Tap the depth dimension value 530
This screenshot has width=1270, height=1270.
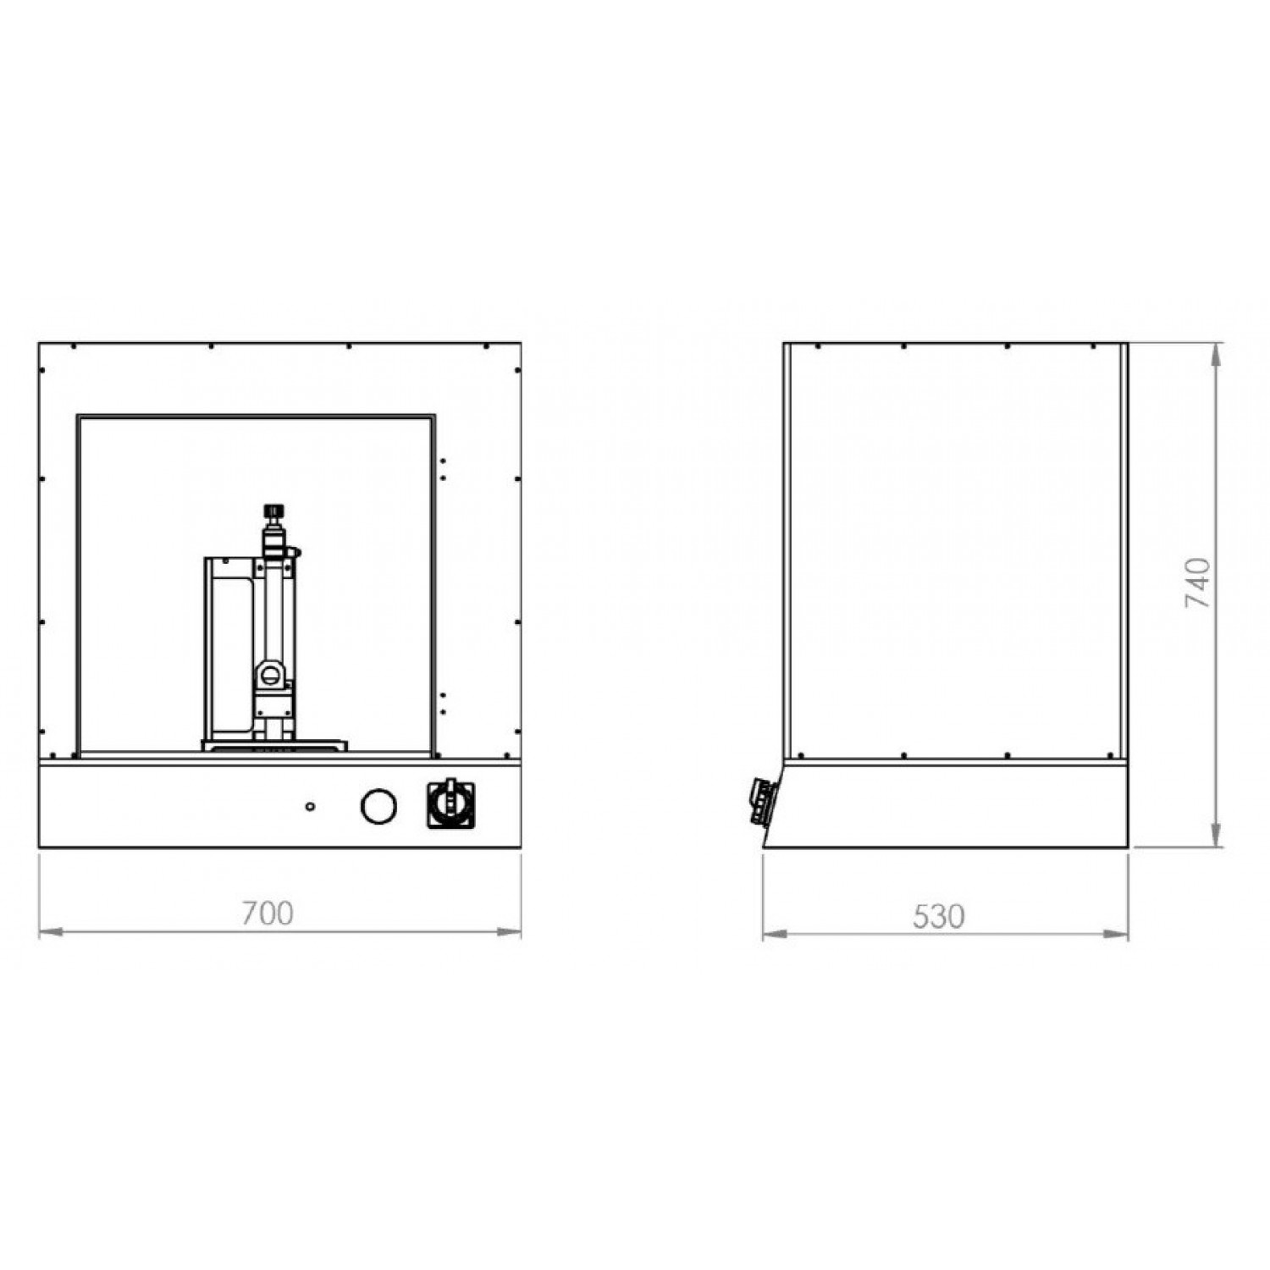(x=938, y=916)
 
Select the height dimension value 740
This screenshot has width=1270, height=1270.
(x=1198, y=583)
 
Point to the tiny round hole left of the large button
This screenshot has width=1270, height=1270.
(x=310, y=805)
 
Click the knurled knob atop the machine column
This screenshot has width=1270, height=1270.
(x=273, y=512)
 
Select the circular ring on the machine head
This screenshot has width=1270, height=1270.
(x=269, y=674)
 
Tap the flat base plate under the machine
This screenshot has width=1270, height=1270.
(x=274, y=745)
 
